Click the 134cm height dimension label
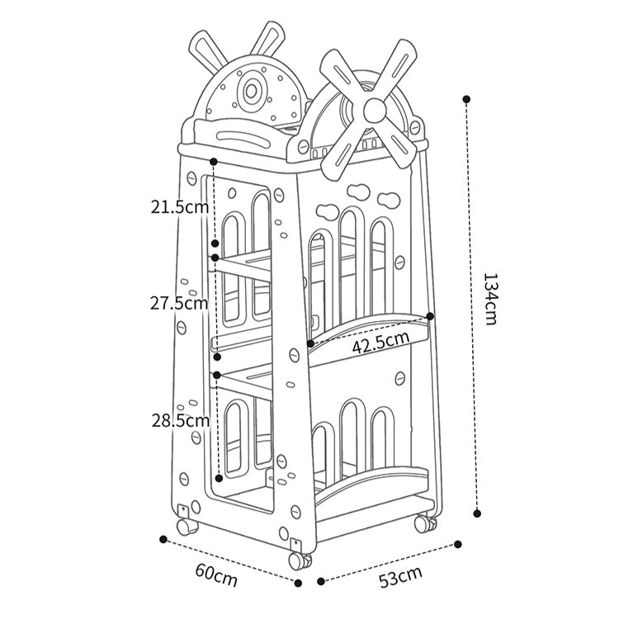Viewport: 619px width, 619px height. tap(490, 299)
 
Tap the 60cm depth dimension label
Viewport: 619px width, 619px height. tap(216, 575)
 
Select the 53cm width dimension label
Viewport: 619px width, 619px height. tap(400, 577)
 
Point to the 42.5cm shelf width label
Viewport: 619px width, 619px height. tap(380, 343)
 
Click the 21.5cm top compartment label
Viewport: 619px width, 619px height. tap(180, 206)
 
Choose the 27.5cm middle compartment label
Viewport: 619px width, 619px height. tap(179, 303)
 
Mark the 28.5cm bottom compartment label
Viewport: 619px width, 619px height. tap(181, 420)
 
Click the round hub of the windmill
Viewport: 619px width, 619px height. tap(375, 110)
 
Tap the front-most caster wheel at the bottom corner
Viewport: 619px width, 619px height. tap(300, 560)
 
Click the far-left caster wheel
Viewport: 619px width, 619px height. tap(187, 527)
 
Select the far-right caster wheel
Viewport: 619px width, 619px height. tap(426, 522)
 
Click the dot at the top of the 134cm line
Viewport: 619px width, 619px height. tap(466, 99)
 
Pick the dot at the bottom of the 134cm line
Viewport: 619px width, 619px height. tap(477, 513)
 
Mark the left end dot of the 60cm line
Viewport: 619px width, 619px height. tap(163, 539)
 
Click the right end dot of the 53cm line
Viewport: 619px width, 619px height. tap(458, 545)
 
